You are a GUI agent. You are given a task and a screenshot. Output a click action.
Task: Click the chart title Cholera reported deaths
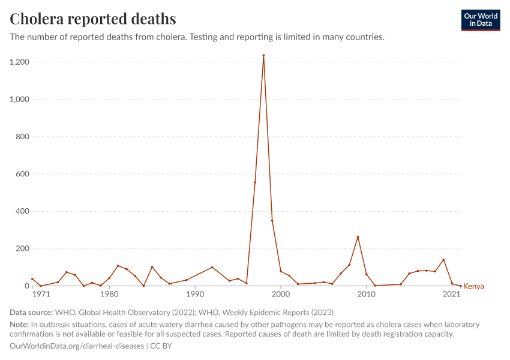(x=93, y=19)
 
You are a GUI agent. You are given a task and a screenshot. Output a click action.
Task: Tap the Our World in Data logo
(x=481, y=20)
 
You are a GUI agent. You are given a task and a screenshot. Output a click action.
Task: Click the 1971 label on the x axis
(x=41, y=295)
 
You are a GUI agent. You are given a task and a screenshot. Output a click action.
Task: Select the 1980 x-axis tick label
(x=109, y=295)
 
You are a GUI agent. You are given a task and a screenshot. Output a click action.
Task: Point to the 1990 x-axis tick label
(x=195, y=295)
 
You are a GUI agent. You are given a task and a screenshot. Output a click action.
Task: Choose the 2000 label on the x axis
(x=281, y=295)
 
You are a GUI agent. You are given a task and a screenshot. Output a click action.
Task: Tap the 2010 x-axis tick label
(x=367, y=295)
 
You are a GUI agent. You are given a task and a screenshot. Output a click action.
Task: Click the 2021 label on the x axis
(x=452, y=295)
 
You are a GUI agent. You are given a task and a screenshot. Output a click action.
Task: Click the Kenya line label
(x=473, y=286)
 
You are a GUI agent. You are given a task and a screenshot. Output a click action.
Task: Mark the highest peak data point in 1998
(x=263, y=55)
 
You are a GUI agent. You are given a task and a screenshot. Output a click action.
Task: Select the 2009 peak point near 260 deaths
(x=358, y=237)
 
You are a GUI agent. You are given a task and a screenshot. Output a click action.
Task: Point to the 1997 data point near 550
(x=255, y=182)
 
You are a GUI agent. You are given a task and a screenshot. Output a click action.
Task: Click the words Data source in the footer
(x=31, y=313)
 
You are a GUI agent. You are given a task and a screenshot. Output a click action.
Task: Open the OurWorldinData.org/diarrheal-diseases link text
(x=77, y=346)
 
